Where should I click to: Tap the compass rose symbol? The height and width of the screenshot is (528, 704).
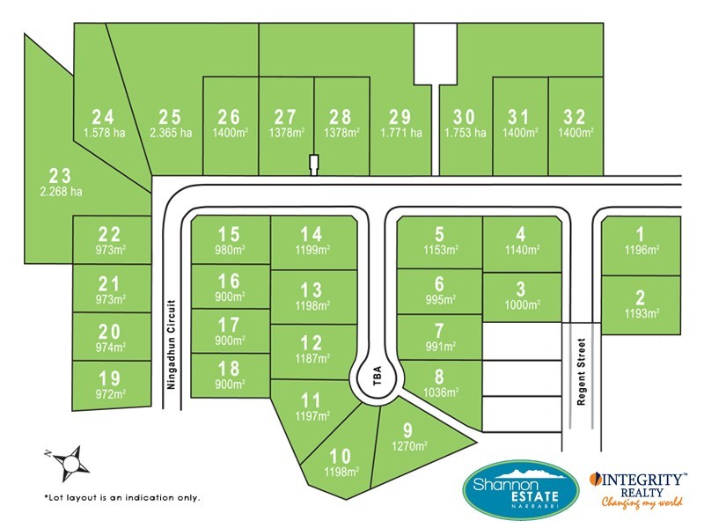(x=66, y=459)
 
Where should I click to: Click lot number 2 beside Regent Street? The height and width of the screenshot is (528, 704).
(x=641, y=297)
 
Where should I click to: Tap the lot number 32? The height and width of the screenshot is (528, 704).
(x=576, y=116)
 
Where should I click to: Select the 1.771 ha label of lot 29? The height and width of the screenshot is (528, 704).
(x=400, y=133)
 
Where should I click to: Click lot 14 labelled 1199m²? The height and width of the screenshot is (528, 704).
(x=312, y=240)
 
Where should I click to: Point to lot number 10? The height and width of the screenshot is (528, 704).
(x=341, y=456)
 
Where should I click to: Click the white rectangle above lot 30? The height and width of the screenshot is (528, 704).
(x=436, y=53)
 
